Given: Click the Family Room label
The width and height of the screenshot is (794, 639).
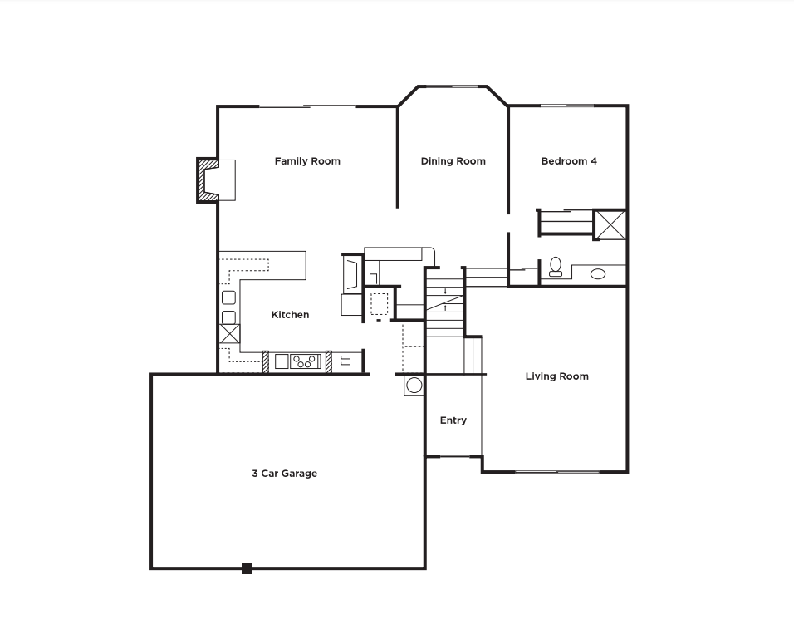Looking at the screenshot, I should (x=307, y=161).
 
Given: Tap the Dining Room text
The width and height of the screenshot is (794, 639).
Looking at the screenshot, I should (x=453, y=161).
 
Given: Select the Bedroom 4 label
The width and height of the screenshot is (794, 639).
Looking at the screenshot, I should (x=569, y=161).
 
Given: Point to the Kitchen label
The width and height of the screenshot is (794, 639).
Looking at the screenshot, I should (x=290, y=315).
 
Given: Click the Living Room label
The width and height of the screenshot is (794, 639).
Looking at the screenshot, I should (x=556, y=376).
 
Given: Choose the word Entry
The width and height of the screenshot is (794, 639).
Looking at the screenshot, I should (x=453, y=420).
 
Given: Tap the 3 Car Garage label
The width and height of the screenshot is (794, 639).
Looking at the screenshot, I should (x=284, y=474).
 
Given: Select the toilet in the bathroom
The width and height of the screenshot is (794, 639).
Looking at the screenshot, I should (x=556, y=267).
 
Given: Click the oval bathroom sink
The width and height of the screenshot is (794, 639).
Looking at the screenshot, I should (x=598, y=273).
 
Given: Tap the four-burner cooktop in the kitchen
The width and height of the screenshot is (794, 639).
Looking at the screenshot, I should (x=306, y=361).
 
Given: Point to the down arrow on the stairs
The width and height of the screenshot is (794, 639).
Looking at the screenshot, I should (x=446, y=291).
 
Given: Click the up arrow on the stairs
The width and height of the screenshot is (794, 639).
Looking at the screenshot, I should (x=446, y=307).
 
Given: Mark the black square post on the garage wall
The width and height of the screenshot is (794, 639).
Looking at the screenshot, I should (x=247, y=568).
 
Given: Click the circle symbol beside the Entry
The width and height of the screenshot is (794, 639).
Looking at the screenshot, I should (x=414, y=385).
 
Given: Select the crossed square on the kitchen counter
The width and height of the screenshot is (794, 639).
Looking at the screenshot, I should (x=228, y=334).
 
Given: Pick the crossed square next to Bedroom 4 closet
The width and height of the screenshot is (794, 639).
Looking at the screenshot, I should (x=610, y=224).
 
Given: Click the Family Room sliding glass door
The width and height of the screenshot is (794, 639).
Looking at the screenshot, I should (x=308, y=106).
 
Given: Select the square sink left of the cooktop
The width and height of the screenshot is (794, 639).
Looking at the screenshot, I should (x=282, y=361).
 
